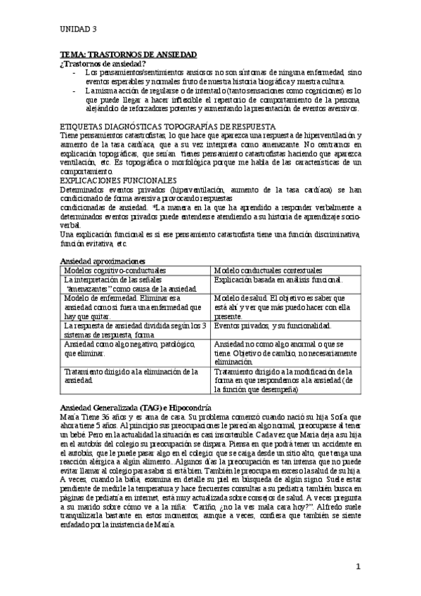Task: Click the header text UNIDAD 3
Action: (x=78, y=29)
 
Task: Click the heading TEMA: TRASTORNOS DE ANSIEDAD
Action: (x=128, y=54)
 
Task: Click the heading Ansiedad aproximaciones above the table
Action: (x=102, y=261)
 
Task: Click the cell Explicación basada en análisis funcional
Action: (x=278, y=280)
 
